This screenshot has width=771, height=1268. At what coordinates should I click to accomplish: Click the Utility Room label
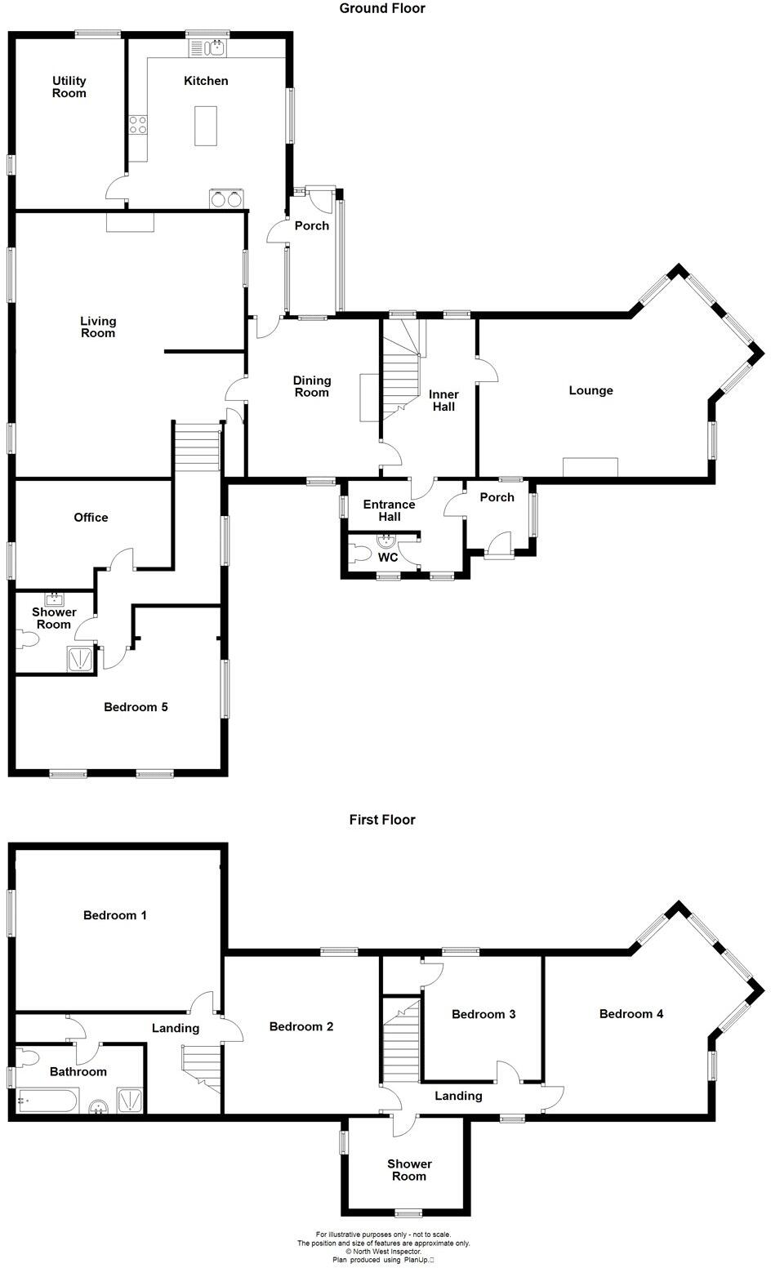[69, 87]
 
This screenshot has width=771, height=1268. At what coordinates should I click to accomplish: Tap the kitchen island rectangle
[206, 126]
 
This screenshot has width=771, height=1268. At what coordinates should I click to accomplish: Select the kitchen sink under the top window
[216, 49]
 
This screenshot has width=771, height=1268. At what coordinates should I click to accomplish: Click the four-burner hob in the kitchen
[138, 125]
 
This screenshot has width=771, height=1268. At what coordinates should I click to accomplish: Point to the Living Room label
[98, 327]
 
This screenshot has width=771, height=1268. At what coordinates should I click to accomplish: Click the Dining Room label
[312, 386]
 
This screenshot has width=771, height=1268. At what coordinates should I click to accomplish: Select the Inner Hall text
[443, 400]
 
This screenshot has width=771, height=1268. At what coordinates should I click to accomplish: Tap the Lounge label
[591, 390]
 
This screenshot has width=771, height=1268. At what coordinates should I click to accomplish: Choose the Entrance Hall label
[390, 510]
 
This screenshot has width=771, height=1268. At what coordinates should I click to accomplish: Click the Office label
[91, 517]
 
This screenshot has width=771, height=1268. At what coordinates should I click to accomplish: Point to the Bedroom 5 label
[136, 707]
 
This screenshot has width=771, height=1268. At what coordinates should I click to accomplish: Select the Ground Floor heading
[382, 9]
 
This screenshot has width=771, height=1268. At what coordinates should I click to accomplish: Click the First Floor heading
[382, 820]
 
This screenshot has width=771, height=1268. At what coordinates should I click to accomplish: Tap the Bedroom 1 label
[115, 915]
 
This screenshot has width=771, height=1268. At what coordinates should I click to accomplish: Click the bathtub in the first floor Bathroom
[47, 1103]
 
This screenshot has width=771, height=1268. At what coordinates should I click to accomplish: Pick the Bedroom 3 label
[484, 1014]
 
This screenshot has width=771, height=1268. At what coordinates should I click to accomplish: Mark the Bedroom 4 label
[631, 1014]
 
